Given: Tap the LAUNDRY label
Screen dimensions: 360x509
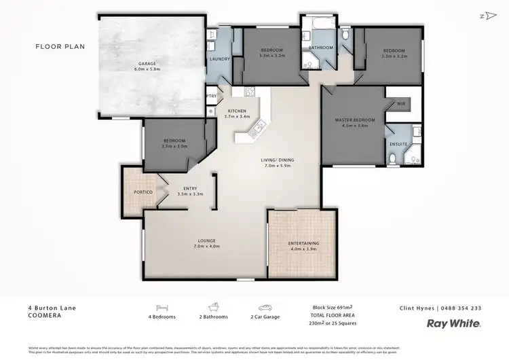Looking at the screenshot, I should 220,59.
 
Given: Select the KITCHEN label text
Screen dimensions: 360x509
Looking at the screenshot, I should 237,111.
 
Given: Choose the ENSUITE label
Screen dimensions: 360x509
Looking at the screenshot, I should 398,144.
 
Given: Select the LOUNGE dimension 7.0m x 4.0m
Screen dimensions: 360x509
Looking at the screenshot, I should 207,246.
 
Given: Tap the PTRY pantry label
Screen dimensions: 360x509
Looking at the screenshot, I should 211,96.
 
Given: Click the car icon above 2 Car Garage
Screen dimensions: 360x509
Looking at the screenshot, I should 265,307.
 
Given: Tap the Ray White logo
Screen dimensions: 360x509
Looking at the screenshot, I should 454,324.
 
